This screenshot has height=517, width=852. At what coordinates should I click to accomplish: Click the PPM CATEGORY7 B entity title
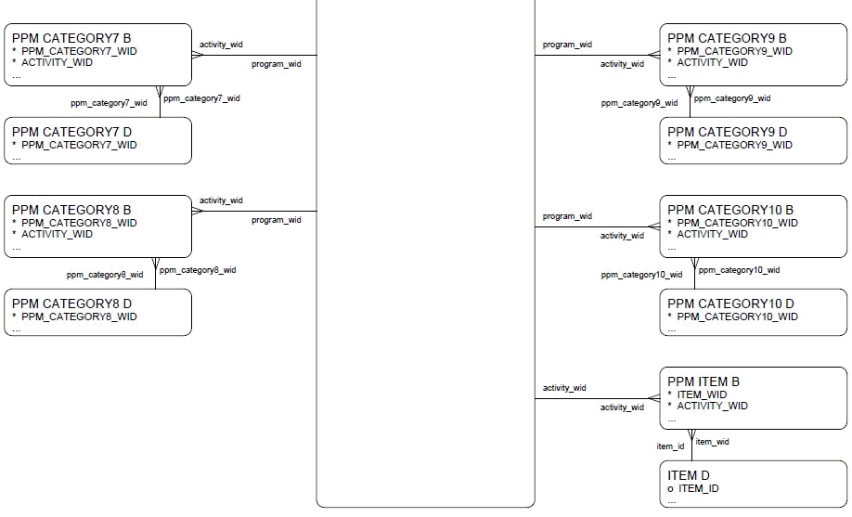[x=71, y=38]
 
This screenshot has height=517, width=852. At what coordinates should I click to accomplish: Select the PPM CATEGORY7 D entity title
[x=71, y=132]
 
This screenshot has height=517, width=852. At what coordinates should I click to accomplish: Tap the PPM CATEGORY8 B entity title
[x=71, y=210]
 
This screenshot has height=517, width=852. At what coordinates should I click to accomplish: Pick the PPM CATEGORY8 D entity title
[x=71, y=304]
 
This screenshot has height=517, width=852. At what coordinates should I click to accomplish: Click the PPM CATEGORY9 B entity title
[x=727, y=38]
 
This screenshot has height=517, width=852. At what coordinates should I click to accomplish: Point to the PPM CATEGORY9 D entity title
[x=727, y=132]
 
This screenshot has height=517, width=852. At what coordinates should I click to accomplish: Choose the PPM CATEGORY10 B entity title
[x=730, y=210]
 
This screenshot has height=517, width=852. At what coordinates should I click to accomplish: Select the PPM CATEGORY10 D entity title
[x=730, y=304]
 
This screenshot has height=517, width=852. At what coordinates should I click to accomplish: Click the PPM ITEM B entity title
[x=704, y=381]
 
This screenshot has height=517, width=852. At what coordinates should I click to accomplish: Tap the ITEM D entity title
[x=689, y=475]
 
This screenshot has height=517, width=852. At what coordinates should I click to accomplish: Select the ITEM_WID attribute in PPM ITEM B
[x=702, y=394]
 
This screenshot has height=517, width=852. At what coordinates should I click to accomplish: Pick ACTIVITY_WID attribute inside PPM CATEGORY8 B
[x=57, y=234]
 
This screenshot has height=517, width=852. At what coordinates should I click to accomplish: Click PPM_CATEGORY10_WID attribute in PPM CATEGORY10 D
[x=737, y=317]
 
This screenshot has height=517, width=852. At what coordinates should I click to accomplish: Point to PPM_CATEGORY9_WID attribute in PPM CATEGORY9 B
[x=734, y=51]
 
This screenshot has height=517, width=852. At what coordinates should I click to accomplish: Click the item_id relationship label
[x=670, y=446]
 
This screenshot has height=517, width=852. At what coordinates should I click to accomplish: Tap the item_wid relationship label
[x=712, y=442]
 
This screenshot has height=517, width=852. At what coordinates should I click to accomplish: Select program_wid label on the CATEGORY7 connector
[x=276, y=64]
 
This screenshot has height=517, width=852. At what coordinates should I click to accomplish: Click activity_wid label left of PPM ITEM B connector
[x=564, y=388]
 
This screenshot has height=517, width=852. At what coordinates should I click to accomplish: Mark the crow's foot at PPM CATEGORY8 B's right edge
[x=197, y=211]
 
